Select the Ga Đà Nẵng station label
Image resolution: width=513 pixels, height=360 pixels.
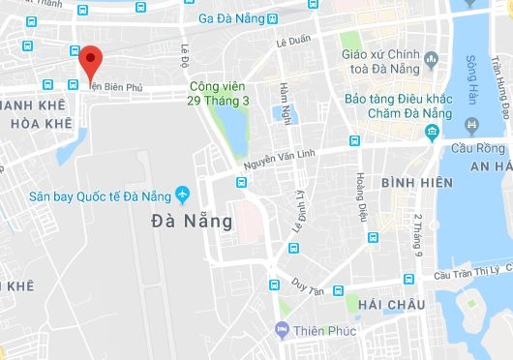pyautogui.click(x=231, y=17)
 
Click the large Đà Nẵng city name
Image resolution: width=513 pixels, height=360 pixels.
pyautogui.click(x=193, y=221)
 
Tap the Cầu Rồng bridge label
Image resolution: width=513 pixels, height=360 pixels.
pyautogui.click(x=476, y=148)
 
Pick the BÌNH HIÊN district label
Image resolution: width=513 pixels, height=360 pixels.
pyautogui.click(x=415, y=182)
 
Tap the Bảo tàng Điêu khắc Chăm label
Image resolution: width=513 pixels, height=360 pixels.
pyautogui.click(x=397, y=106)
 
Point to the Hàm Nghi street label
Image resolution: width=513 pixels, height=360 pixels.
pyautogui.click(x=285, y=101)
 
